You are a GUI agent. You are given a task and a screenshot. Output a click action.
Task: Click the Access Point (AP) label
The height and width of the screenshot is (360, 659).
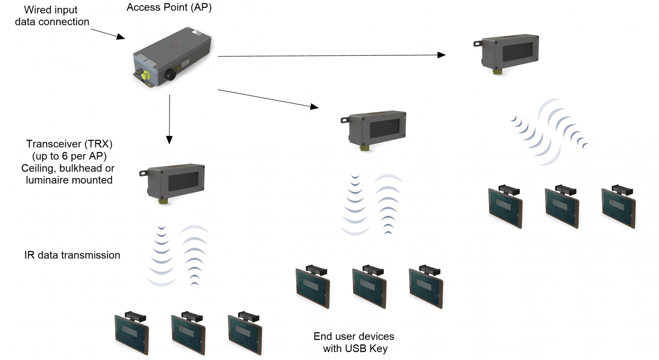169,7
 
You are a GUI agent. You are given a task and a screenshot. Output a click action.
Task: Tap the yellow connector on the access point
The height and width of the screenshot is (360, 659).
145,76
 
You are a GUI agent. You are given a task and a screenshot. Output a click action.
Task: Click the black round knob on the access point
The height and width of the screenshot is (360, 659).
170,75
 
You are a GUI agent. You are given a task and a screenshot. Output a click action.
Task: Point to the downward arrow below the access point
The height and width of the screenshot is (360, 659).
169,119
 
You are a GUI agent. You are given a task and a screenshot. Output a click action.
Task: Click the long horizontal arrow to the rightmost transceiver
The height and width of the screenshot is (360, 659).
332,55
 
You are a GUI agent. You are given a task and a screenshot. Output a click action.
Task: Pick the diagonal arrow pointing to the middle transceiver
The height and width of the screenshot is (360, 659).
268,98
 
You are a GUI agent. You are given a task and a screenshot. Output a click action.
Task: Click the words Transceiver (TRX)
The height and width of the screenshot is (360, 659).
69,144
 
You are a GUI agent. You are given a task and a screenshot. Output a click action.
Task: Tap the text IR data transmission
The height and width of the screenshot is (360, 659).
72,255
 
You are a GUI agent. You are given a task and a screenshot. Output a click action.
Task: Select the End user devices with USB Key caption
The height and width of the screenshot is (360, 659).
354,342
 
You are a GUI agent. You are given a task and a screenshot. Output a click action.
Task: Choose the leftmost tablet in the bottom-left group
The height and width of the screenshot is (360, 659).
131,334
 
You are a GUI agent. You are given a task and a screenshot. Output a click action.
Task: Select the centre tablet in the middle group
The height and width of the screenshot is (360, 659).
369,288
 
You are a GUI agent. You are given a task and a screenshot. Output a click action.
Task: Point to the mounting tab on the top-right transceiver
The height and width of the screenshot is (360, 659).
478,44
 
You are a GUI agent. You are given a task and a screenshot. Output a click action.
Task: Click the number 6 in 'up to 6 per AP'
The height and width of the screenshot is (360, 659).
65,156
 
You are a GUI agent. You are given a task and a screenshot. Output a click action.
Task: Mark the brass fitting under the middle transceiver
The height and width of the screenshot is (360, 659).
365,149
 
